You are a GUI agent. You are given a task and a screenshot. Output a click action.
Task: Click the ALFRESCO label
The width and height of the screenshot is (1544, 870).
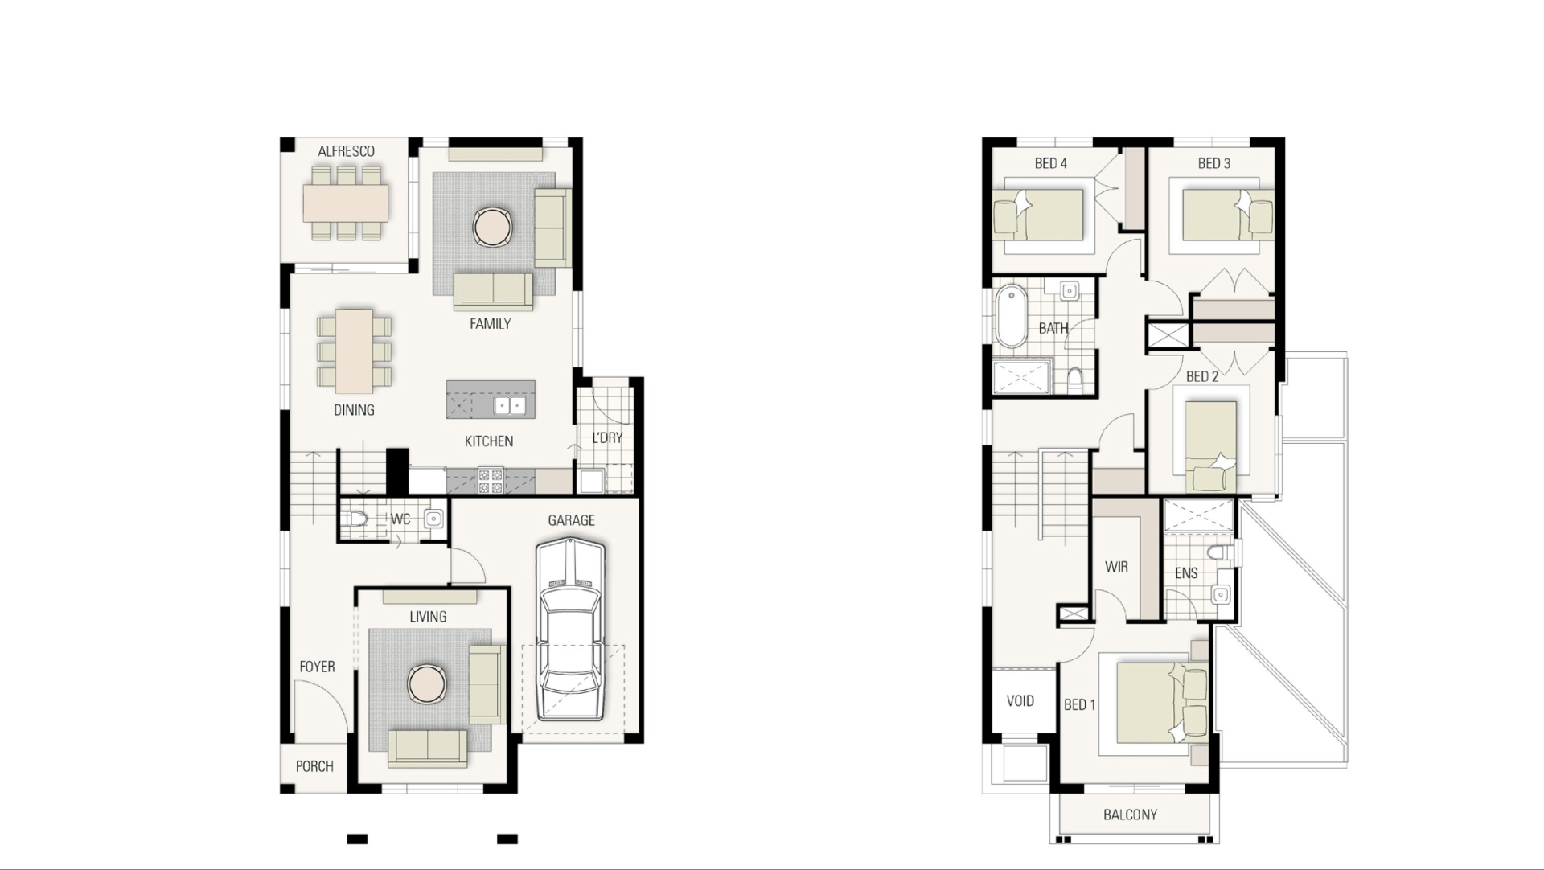point(346,151)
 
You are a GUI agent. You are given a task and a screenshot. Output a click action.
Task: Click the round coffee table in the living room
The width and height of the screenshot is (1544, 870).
point(425,684)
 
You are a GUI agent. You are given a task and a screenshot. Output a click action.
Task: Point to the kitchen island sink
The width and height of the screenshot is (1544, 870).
point(508,405)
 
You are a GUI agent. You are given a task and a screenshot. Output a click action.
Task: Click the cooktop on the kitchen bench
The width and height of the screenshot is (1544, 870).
point(491,481)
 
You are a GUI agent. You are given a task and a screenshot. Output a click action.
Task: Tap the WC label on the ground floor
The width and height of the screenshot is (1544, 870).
point(400,519)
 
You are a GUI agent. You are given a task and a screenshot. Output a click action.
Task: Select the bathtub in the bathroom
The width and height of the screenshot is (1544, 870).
point(1011,316)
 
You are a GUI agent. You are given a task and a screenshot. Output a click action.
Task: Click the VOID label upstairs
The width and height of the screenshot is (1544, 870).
point(1020,701)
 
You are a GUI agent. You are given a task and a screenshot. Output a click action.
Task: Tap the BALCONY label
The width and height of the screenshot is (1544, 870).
point(1130,815)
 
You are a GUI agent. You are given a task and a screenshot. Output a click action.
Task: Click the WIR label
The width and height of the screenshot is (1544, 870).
point(1116,567)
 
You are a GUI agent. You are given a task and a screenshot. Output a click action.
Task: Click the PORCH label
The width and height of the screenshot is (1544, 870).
point(314,766)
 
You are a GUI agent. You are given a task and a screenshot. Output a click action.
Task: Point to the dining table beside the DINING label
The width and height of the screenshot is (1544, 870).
point(354,351)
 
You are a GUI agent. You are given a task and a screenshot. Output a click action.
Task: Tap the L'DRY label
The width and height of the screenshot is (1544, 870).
point(607,438)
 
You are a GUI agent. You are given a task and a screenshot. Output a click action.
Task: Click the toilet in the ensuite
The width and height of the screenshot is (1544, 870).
point(1219,553)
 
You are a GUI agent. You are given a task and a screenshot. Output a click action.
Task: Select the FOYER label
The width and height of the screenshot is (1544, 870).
point(317,667)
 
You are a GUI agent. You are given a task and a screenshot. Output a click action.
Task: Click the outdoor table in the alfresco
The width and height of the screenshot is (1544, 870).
point(346,203)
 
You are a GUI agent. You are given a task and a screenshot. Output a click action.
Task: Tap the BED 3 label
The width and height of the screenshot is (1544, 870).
point(1213,163)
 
